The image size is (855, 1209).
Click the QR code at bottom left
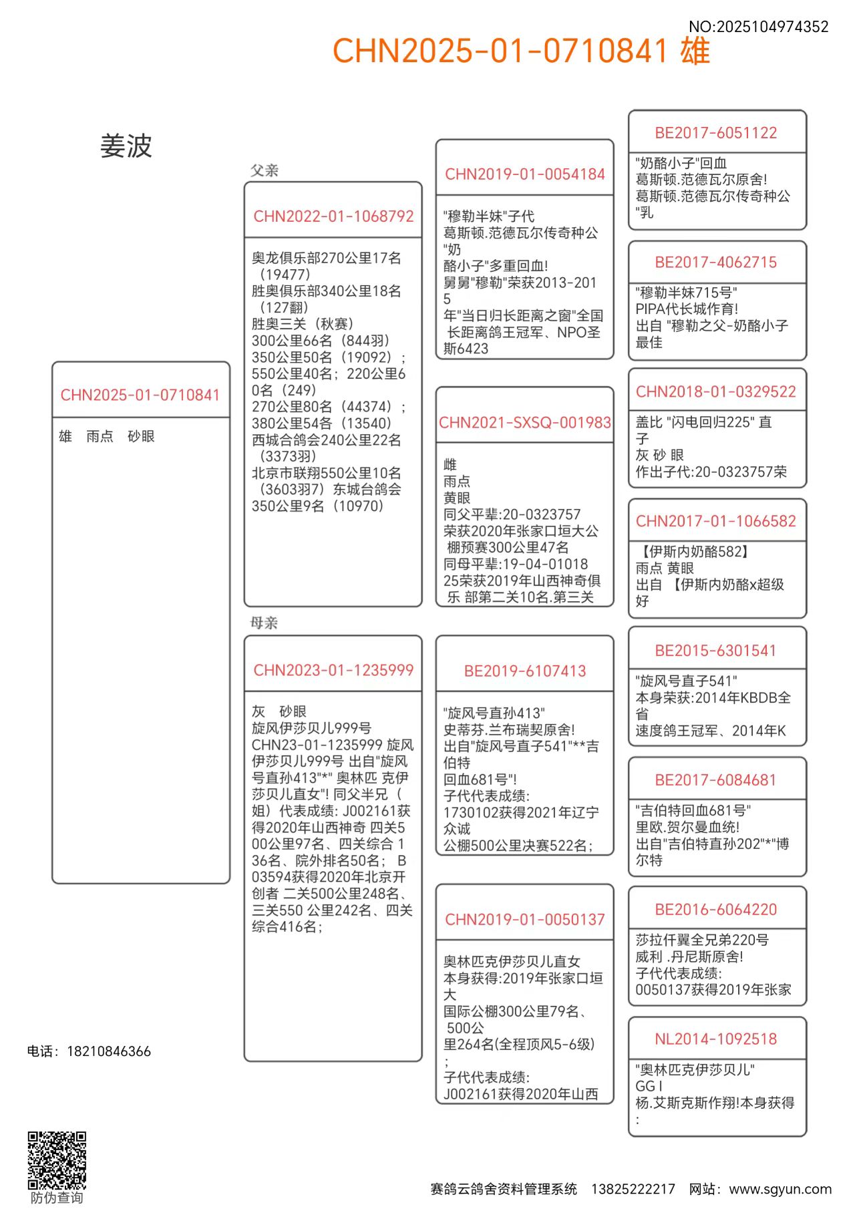click(57, 1160)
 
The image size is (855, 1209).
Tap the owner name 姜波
click(126, 146)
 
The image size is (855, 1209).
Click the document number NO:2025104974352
click(758, 27)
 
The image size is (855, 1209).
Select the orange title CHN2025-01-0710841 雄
click(521, 51)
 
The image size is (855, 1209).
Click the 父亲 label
click(264, 170)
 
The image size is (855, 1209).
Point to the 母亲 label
click(264, 623)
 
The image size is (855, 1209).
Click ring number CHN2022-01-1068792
click(333, 216)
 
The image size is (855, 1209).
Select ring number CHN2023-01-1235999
click(333, 670)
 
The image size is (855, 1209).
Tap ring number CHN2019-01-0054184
click(524, 174)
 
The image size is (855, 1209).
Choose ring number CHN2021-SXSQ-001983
click(524, 422)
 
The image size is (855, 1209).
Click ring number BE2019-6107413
click(524, 671)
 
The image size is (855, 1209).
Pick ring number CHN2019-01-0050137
click(524, 919)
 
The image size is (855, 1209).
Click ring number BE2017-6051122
click(716, 133)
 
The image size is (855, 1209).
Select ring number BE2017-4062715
click(716, 263)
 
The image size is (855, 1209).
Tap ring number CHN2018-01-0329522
click(716, 391)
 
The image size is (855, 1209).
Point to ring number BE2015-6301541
click(716, 651)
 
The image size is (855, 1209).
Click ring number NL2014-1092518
click(716, 1039)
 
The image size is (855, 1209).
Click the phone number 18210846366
click(109, 1051)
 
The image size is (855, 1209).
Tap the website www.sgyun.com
click(780, 1189)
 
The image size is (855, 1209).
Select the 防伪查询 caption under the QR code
click(57, 1198)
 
